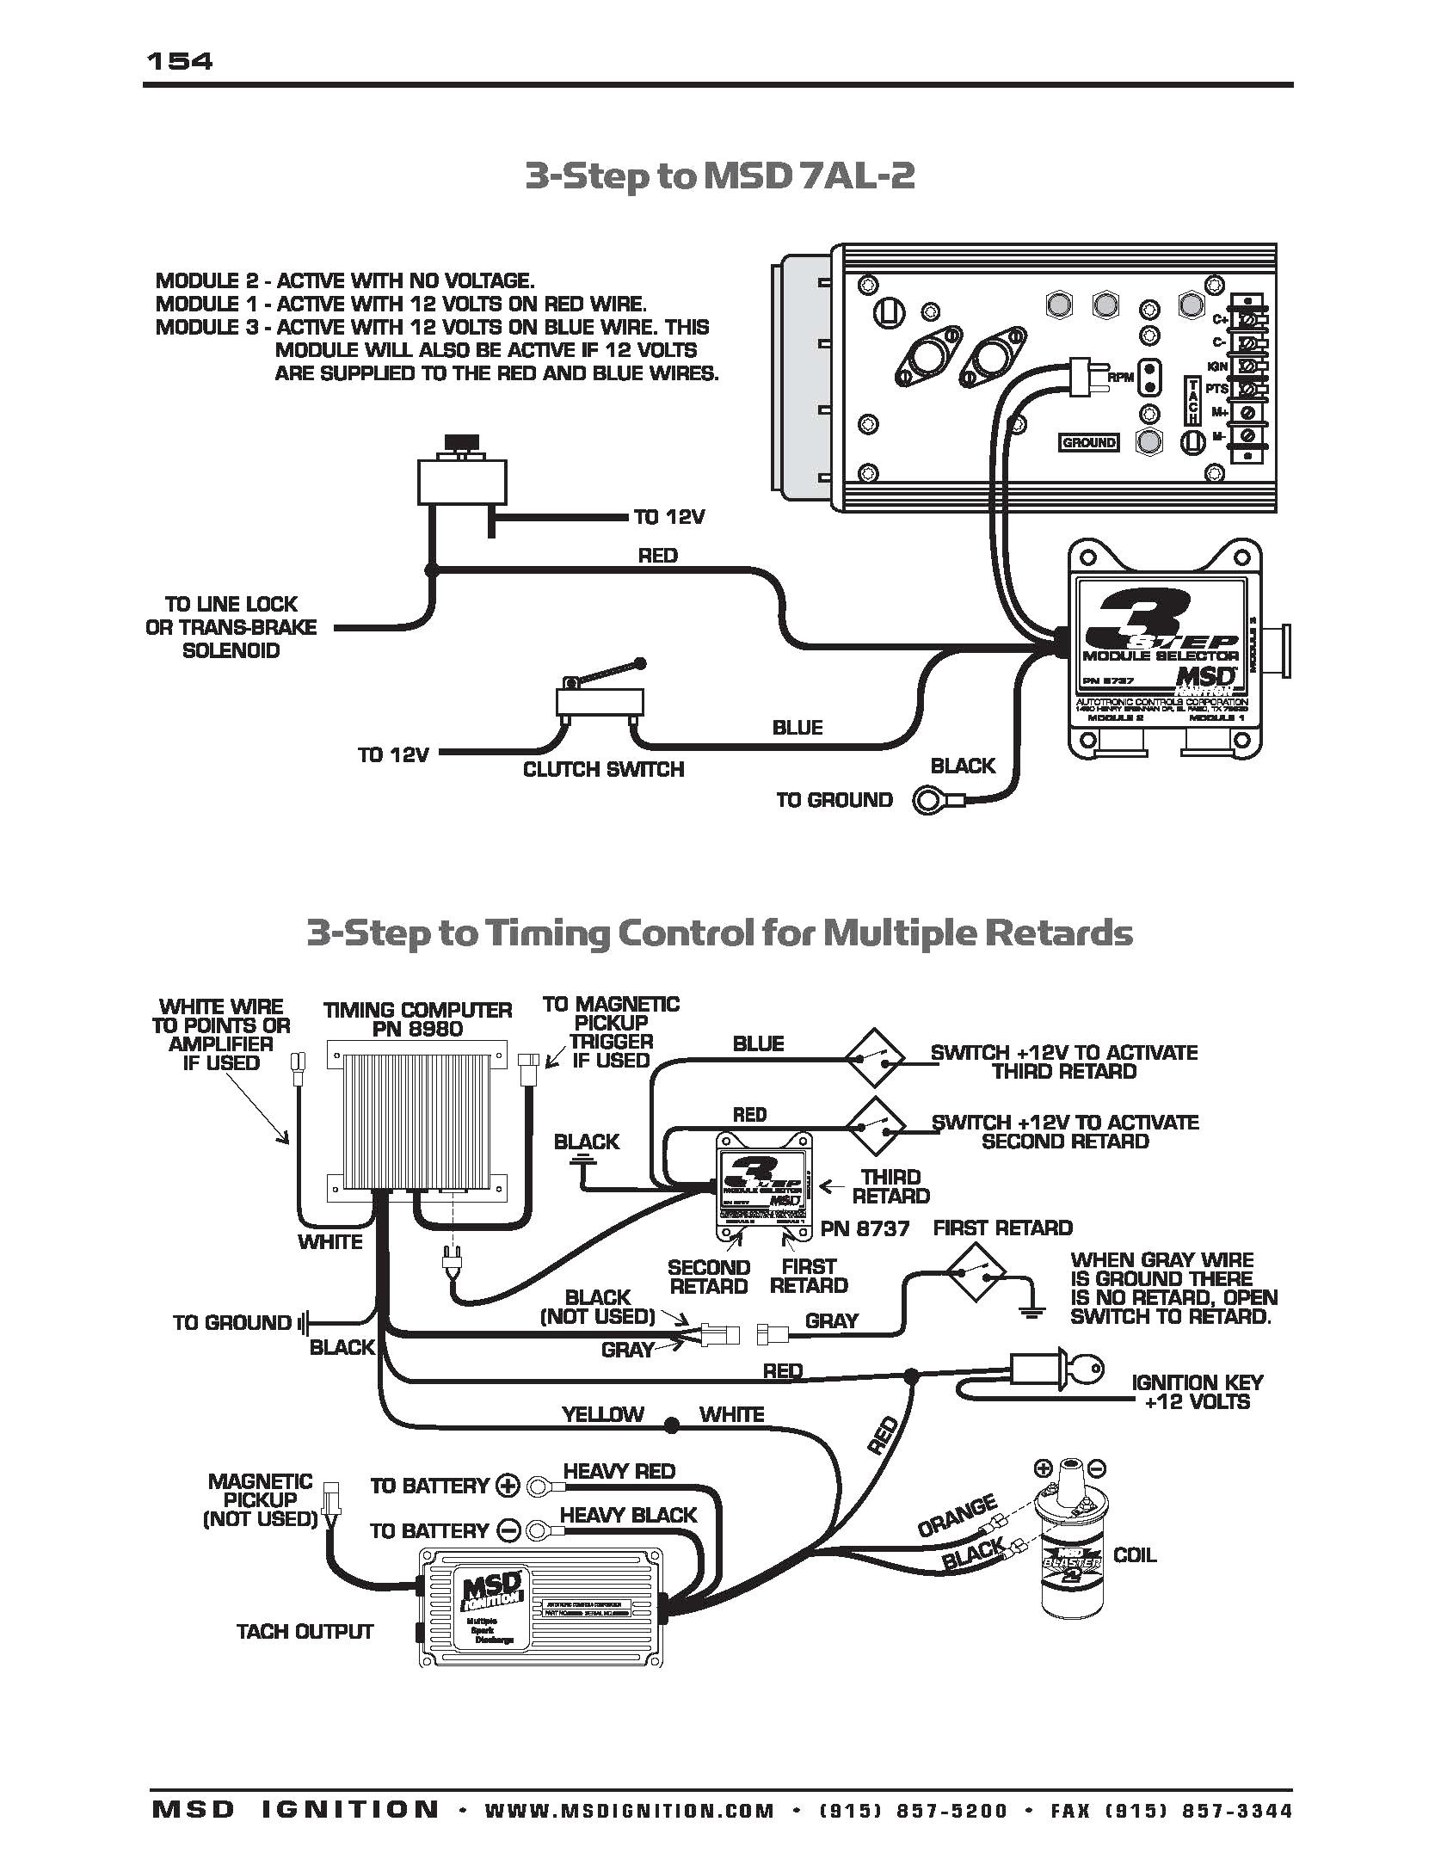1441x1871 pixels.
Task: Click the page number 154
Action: coord(179,61)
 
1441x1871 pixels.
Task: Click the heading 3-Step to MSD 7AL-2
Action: coord(719,175)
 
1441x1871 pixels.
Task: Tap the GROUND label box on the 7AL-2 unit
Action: coord(1088,442)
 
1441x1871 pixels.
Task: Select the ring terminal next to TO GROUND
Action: coord(929,801)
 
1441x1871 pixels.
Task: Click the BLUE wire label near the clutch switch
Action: coord(797,728)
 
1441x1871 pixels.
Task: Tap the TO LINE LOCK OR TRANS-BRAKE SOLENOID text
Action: coord(231,627)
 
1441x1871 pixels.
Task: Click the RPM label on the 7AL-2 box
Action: coord(1120,378)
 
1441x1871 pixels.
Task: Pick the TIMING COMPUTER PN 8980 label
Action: coord(417,1019)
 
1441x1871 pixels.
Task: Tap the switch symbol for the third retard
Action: coord(874,1057)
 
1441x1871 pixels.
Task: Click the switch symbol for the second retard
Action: coord(874,1126)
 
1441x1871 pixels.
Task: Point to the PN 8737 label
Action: coord(865,1228)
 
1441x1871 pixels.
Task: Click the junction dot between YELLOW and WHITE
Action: coord(672,1426)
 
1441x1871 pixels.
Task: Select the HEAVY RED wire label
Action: coord(619,1471)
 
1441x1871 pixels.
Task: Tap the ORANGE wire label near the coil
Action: coord(957,1517)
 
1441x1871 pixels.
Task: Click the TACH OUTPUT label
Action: coord(305,1632)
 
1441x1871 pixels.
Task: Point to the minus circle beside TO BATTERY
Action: coord(509,1531)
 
